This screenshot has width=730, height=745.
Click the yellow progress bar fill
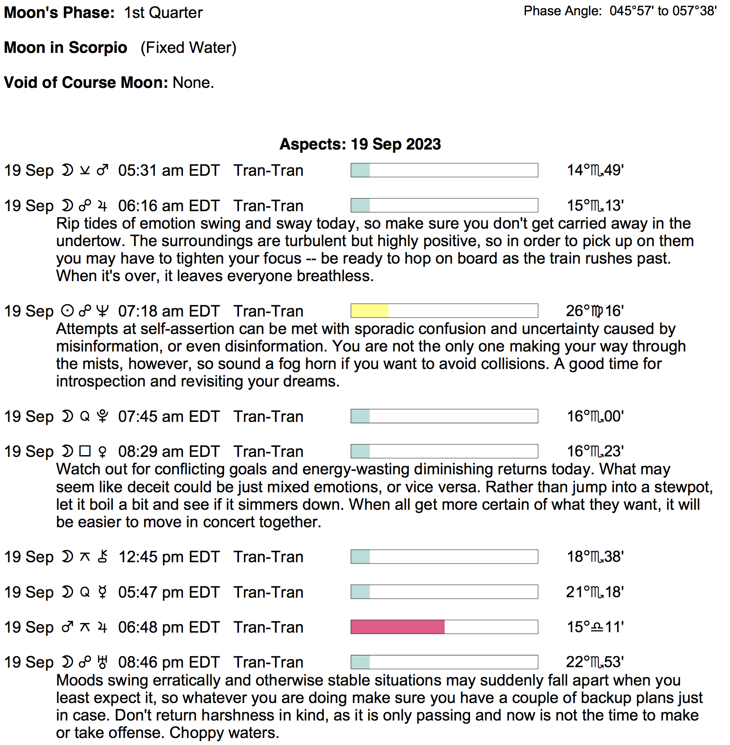point(369,311)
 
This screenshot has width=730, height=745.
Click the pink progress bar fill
point(397,627)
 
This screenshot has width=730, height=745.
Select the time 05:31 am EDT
point(168,171)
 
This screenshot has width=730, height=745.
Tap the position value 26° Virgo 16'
point(595,311)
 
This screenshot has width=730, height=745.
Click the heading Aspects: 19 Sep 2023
point(360,144)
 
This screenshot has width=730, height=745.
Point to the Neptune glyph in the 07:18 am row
point(102,311)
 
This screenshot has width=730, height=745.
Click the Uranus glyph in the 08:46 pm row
point(102,662)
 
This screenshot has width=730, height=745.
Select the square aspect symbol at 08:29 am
point(85,451)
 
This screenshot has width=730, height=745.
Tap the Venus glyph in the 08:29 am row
point(102,452)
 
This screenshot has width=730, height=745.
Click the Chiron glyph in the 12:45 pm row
point(102,557)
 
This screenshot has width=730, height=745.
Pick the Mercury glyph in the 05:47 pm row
point(102,592)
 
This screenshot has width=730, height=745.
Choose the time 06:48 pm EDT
point(168,627)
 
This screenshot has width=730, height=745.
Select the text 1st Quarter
point(163,13)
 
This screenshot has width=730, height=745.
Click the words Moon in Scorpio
point(66,47)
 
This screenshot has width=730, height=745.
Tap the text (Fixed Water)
point(188,47)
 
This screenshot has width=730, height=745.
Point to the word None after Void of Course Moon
point(193,82)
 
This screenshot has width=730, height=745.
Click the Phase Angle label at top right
point(562,11)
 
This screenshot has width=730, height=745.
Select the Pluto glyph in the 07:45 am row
point(102,416)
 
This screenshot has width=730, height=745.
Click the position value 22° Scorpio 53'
point(595,662)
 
